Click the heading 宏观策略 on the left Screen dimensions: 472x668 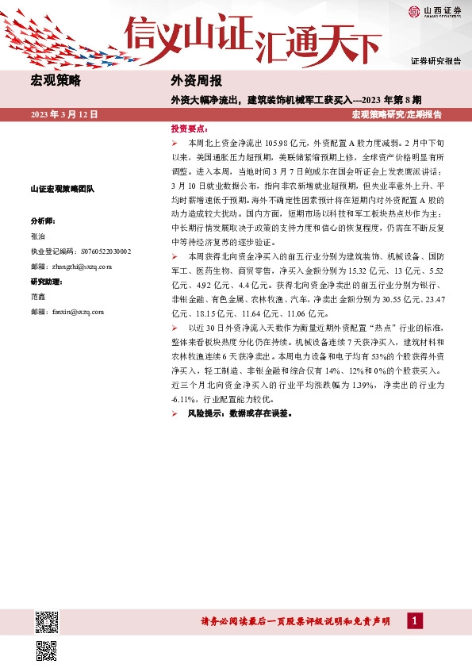tap(54, 81)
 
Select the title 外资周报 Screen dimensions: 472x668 tap(196, 81)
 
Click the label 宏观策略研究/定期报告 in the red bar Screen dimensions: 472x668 tap(396, 115)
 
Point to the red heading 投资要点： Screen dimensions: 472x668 tap(190, 128)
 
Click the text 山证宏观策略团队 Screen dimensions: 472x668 tap(62, 189)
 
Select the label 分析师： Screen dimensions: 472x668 tap(44, 220)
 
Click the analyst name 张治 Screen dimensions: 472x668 tap(38, 236)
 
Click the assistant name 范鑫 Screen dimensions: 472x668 tap(38, 297)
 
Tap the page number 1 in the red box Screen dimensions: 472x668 tap(413, 621)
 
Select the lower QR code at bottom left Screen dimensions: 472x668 tap(47, 650)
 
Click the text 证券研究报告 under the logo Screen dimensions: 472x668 tap(436, 61)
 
